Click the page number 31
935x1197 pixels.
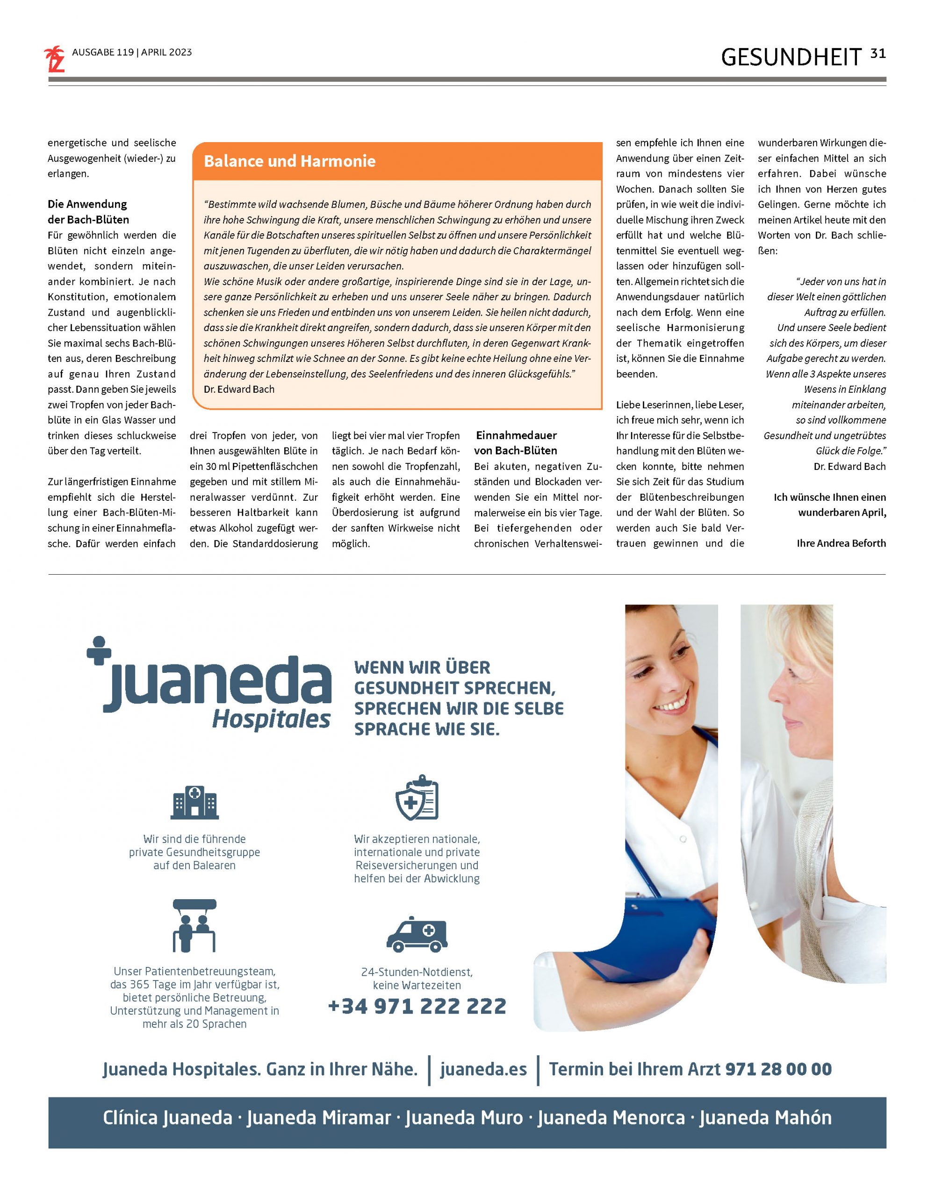pos(877,54)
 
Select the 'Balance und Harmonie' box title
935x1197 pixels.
pos(289,161)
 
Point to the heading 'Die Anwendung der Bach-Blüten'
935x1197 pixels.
pos(88,211)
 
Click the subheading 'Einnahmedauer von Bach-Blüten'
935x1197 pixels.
pos(516,443)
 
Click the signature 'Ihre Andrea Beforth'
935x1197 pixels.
pos(841,543)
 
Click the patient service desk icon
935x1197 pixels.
pos(194,926)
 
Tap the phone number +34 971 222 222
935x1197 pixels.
pos(417,1006)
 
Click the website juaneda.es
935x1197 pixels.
pos(483,1069)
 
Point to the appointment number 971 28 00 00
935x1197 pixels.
pos(778,1069)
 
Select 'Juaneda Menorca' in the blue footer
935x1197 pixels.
pos(611,1118)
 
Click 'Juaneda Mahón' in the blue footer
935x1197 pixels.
pos(765,1118)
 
